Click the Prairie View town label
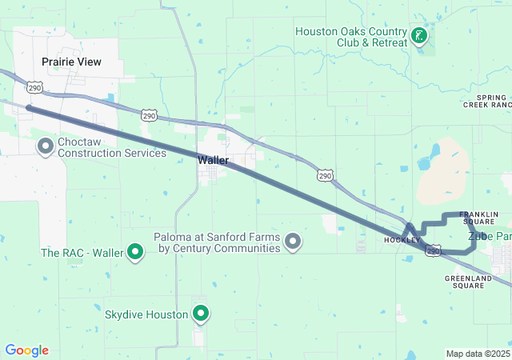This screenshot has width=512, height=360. click(x=72, y=61)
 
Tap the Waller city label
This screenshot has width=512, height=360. click(x=214, y=160)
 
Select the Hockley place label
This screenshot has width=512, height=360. click(x=402, y=240)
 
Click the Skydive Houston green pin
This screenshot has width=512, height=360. click(x=200, y=313)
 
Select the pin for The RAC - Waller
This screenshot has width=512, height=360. click(x=135, y=253)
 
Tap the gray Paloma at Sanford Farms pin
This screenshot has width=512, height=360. click(x=293, y=241)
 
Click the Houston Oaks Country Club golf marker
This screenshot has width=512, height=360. click(x=418, y=35)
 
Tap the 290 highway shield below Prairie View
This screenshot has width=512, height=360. click(x=34, y=86)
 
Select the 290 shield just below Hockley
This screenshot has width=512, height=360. click(x=433, y=251)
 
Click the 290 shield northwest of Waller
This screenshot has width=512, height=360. click(x=150, y=115)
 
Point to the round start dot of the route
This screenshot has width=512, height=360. click(x=29, y=107)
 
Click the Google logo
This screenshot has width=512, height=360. click(x=26, y=350)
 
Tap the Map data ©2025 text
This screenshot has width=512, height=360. click(x=477, y=354)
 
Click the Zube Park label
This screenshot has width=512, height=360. click(x=489, y=236)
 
